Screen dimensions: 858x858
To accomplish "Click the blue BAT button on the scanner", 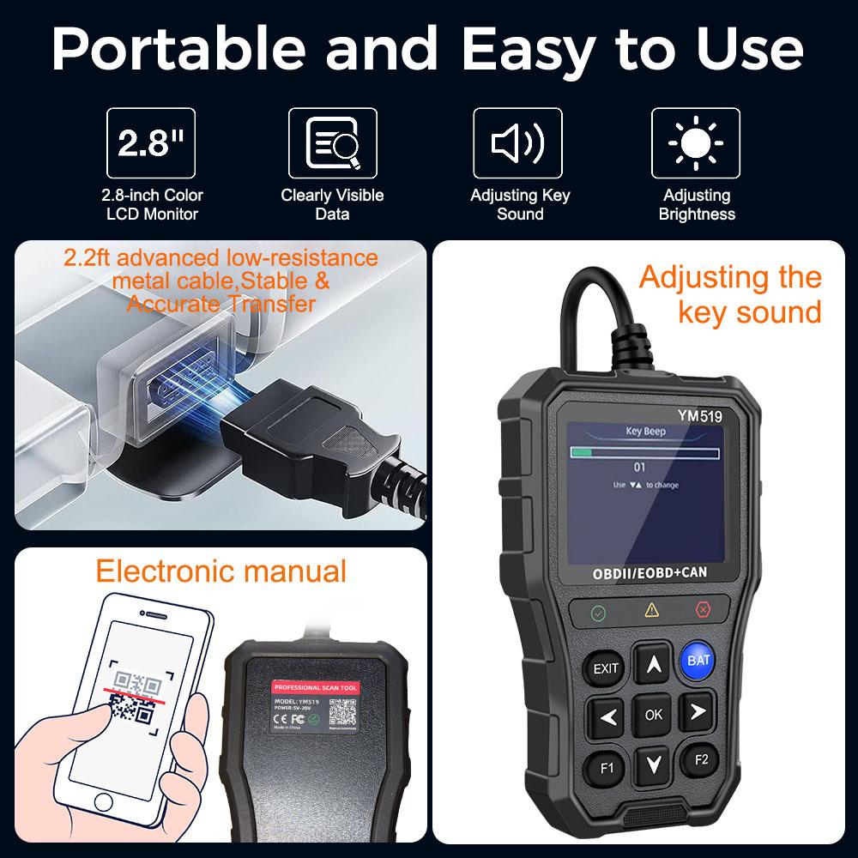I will pos(698,660).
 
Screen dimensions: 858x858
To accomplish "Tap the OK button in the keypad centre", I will pos(654,713).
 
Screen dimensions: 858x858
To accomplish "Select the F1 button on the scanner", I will pos(607,767).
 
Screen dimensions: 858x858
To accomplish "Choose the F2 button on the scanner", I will pos(701,758).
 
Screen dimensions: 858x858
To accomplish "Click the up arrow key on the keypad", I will pos(654,663).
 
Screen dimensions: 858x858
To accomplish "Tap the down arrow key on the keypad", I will pos(654,763).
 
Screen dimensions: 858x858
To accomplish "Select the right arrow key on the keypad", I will pos(698,711).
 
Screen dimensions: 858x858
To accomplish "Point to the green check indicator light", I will pos(598,613).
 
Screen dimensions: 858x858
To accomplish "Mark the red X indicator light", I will pos(703,610).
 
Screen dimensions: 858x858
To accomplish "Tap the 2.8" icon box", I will pos(154,142).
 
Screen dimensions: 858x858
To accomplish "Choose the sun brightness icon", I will pos(696,142).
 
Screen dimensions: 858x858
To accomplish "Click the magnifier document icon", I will pos(332,142).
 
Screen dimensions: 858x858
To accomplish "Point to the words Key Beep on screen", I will pos(646,432).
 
